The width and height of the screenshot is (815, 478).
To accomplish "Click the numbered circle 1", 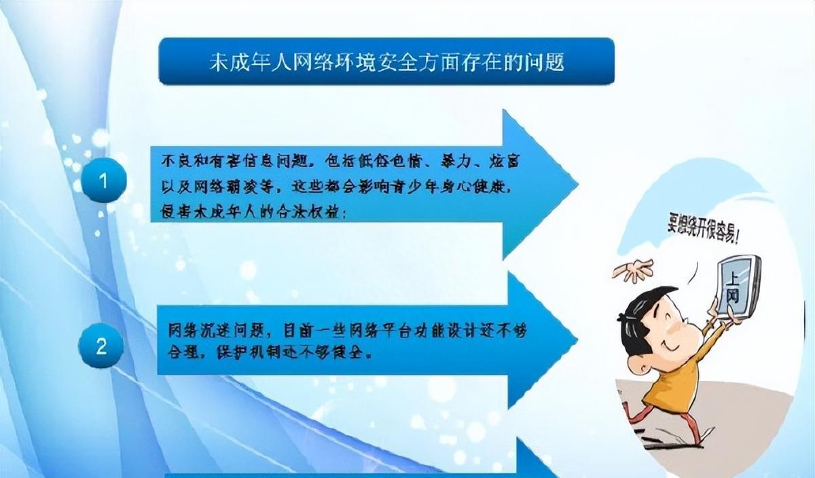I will click(103, 181).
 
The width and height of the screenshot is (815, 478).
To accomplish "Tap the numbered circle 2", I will click(101, 347).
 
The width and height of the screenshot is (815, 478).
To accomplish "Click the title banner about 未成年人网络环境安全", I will click(386, 62).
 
